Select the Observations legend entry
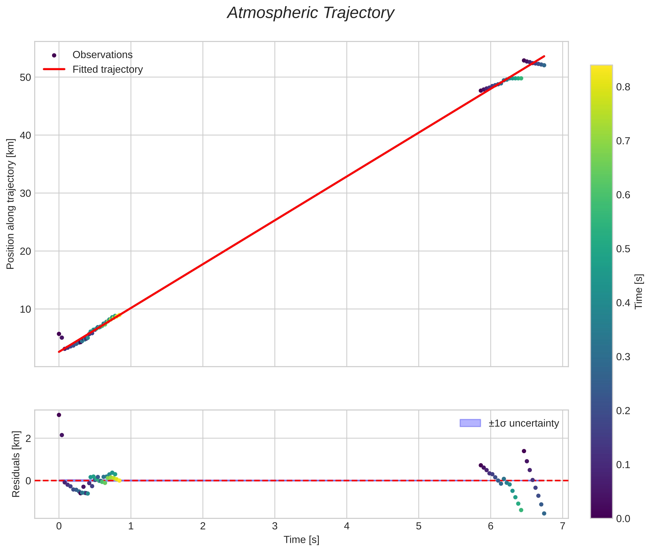tap(102, 55)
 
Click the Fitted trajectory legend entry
tap(107, 69)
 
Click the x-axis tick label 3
tap(275, 526)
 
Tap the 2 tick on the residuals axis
tap(28, 439)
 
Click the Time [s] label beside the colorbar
tap(639, 291)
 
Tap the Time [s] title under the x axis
tap(301, 540)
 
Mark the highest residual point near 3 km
tap(59, 415)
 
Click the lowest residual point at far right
tap(544, 513)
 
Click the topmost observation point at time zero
tap(59, 334)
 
